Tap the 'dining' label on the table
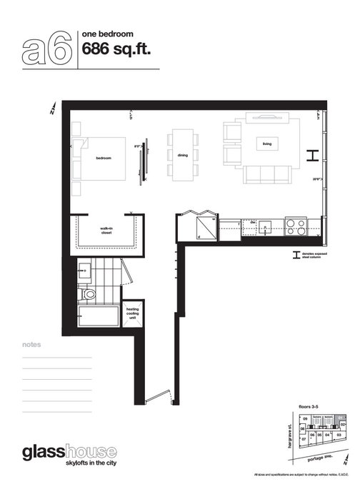click(183, 154)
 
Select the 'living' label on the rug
click(267, 143)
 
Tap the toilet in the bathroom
click(89, 293)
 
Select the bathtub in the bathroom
click(98, 316)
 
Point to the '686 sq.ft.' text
click(116, 49)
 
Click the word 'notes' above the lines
click(31, 345)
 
